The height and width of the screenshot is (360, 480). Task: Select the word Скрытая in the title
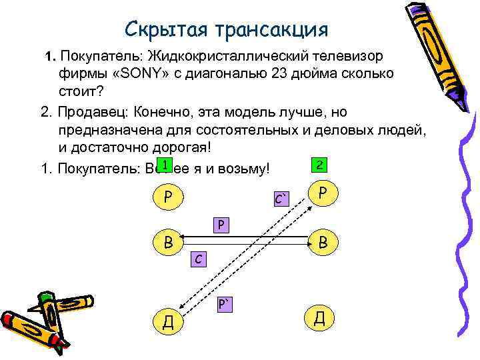pyautogui.click(x=166, y=30)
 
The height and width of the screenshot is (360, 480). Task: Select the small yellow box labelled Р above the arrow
pyautogui.click(x=221, y=224)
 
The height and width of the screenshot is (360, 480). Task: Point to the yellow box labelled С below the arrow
pyautogui.click(x=199, y=257)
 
